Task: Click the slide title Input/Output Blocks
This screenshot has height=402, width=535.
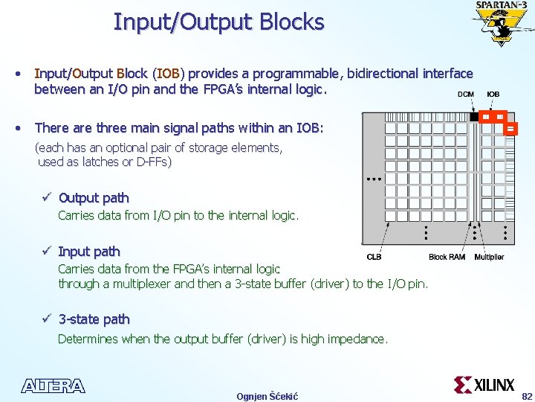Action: click(x=218, y=22)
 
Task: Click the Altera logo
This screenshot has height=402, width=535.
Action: click(x=53, y=386)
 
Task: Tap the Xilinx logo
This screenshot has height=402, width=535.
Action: click(x=484, y=384)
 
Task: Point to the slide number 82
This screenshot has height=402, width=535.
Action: click(x=527, y=396)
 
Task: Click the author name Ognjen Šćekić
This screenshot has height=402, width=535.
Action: click(x=267, y=396)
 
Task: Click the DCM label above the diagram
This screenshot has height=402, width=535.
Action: click(x=465, y=95)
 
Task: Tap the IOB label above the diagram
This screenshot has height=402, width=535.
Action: click(x=493, y=95)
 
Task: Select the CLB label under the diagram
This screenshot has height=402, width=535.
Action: click(x=375, y=257)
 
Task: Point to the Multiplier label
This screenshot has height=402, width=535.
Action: click(x=489, y=257)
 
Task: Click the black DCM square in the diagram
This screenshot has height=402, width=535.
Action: click(x=474, y=117)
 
